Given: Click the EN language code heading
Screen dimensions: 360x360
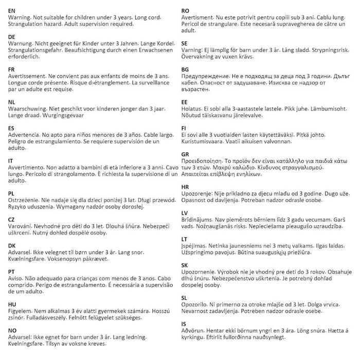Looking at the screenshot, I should pyautogui.click(x=12, y=10).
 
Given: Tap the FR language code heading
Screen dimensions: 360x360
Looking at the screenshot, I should pyautogui.click(x=12, y=69).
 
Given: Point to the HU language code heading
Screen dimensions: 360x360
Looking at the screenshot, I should pyautogui.click(x=13, y=304).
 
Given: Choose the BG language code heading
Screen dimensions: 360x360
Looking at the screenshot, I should pyautogui.click(x=186, y=69).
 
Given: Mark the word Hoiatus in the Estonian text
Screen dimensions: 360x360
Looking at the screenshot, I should pyautogui.click(x=194, y=109).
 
